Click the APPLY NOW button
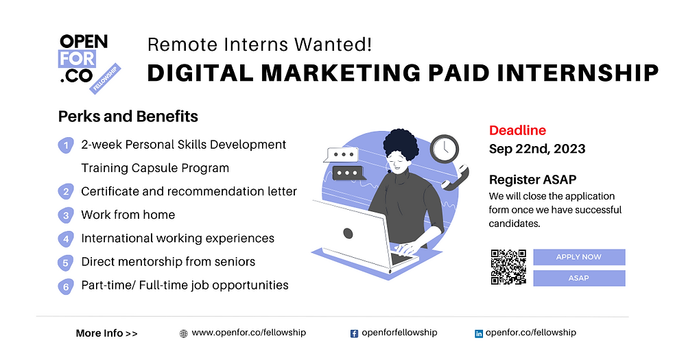[579, 257]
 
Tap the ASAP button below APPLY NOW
[579, 278]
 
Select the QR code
[508, 267]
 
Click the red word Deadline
[517, 130]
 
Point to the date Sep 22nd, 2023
[537, 149]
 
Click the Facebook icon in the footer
[354, 333]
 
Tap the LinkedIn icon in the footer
[479, 333]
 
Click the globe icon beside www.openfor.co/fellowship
[183, 334]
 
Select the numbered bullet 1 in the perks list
[66, 145]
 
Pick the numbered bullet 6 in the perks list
[66, 287]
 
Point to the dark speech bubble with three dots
[345, 173]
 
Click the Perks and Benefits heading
[128, 116]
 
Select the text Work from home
[128, 215]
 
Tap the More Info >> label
[106, 333]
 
